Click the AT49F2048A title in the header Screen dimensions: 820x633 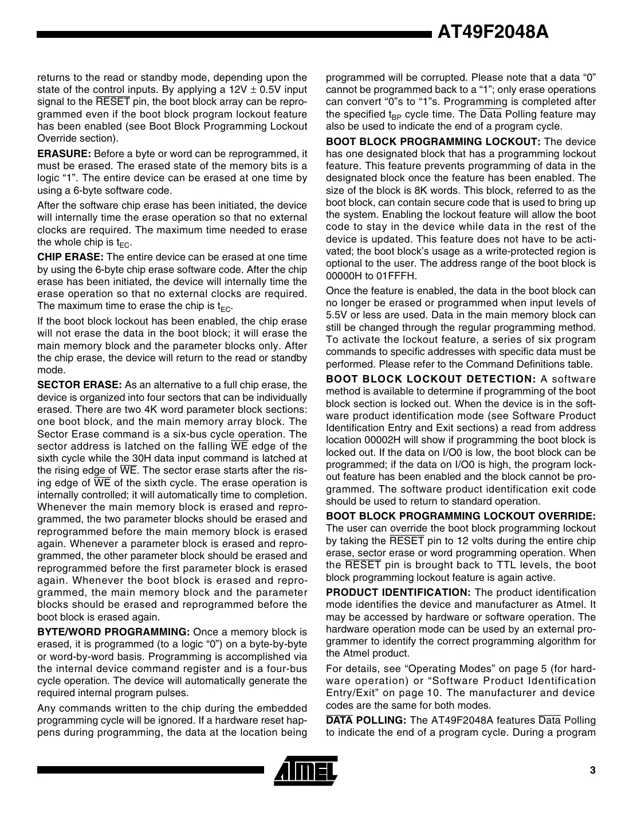point(493,32)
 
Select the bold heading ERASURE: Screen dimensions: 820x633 point(64,154)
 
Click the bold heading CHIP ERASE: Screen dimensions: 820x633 point(70,257)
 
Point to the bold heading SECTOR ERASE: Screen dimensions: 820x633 point(80,385)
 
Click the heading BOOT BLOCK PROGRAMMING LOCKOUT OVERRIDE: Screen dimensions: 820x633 point(461,516)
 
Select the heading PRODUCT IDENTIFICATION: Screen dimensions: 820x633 point(399,592)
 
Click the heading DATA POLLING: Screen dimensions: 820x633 point(366,720)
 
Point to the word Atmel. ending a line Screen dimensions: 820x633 point(582,604)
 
